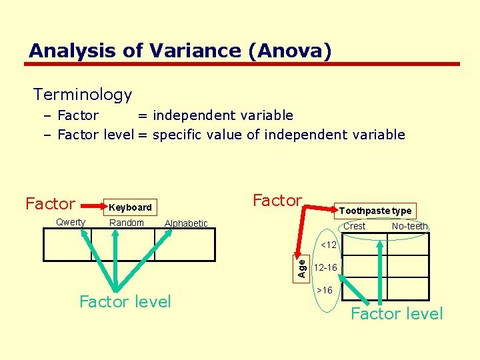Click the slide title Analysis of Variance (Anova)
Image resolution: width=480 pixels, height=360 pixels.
coord(180,51)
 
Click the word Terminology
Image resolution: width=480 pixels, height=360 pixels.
coord(83,95)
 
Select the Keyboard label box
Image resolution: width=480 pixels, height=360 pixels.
coord(130,207)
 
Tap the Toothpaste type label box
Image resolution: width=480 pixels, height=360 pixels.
coord(375,211)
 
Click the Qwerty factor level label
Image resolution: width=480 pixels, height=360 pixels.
coord(71,223)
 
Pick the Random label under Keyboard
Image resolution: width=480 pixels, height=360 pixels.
coord(127,223)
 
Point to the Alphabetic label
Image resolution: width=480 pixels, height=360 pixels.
coord(186,223)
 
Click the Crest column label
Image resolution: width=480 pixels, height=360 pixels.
coord(354,226)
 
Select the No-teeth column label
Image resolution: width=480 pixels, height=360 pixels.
coord(409,226)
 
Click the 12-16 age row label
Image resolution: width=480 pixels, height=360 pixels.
coord(326,268)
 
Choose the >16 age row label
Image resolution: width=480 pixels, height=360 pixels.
coord(325,290)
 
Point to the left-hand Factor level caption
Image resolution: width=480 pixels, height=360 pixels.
coord(125,302)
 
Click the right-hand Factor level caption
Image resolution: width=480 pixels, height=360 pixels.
coord(397,314)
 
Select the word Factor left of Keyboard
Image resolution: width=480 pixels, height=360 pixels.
coord(50,204)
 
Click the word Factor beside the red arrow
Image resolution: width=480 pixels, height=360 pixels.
coord(277,200)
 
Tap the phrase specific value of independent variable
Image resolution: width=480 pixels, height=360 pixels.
coord(279,135)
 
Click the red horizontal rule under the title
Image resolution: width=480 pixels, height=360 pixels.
coord(243,64)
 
